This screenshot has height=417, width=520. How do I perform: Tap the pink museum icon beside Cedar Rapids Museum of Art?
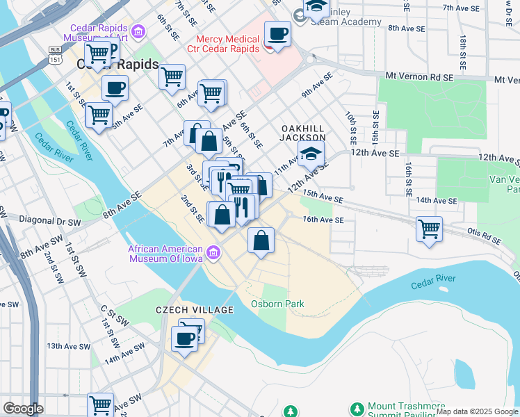tap(138, 31)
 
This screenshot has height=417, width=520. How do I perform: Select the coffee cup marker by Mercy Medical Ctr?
tap(277, 34)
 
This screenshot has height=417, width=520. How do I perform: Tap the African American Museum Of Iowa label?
tap(165, 254)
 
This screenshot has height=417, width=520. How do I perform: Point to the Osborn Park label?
tap(277, 304)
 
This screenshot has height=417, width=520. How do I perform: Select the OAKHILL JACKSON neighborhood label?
tap(303, 133)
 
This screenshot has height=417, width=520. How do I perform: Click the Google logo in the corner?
tap(23, 409)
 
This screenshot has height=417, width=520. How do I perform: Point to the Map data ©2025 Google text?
tap(477, 411)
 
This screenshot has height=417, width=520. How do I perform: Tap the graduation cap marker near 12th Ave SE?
tap(311, 154)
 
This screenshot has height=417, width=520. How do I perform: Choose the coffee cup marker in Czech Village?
tap(184, 339)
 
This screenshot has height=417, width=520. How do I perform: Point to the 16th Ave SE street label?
tap(323, 220)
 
